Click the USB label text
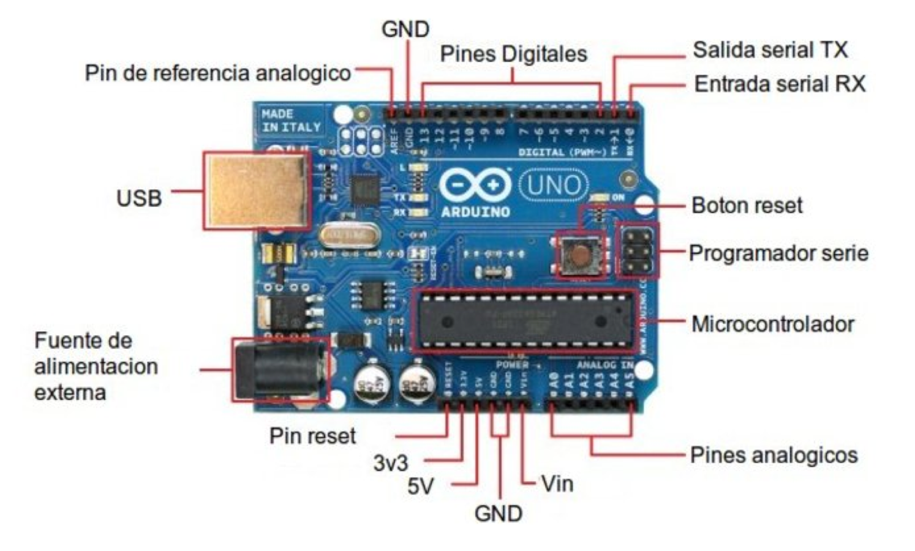click(139, 198)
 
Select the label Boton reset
click(747, 205)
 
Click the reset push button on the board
click(579, 253)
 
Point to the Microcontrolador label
click(772, 324)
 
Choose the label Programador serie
click(778, 253)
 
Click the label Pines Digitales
click(513, 54)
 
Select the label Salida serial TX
click(770, 50)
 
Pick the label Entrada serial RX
click(780, 84)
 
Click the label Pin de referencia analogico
click(217, 73)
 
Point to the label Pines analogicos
click(774, 455)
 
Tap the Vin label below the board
click(557, 484)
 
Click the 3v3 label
click(390, 463)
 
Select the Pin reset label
click(312, 436)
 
